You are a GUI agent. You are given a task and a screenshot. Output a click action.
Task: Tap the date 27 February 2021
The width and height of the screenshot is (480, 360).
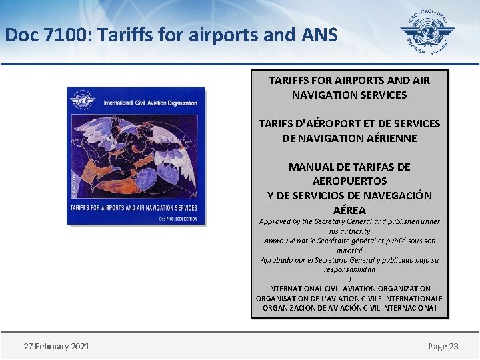coord(57,346)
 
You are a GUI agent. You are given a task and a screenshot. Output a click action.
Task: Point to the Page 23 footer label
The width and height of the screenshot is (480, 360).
coord(443,346)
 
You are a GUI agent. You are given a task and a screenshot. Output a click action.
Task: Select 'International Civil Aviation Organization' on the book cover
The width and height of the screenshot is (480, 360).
coord(150,103)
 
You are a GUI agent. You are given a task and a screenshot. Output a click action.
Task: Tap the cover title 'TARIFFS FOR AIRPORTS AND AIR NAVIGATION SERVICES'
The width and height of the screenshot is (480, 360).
coord(136,208)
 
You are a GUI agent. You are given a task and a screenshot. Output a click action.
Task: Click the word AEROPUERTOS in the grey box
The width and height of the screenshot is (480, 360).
coord(349,181)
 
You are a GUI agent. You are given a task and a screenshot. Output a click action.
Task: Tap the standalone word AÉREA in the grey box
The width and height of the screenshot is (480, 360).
coord(349,210)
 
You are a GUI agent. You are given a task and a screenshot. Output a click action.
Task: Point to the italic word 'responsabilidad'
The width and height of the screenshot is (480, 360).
coord(349,269)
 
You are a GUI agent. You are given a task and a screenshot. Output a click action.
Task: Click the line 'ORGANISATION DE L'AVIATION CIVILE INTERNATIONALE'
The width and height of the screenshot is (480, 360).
coord(349,299)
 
